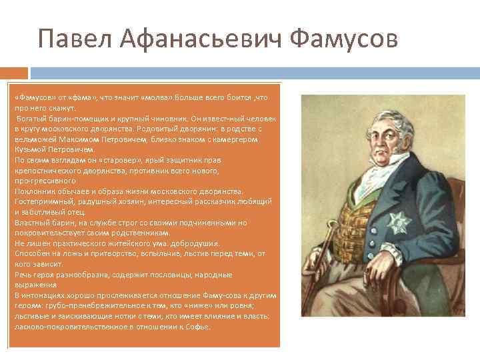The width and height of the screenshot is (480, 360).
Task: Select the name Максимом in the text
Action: click(72, 139)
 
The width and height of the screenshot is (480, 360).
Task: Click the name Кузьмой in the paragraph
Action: click(30, 150)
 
